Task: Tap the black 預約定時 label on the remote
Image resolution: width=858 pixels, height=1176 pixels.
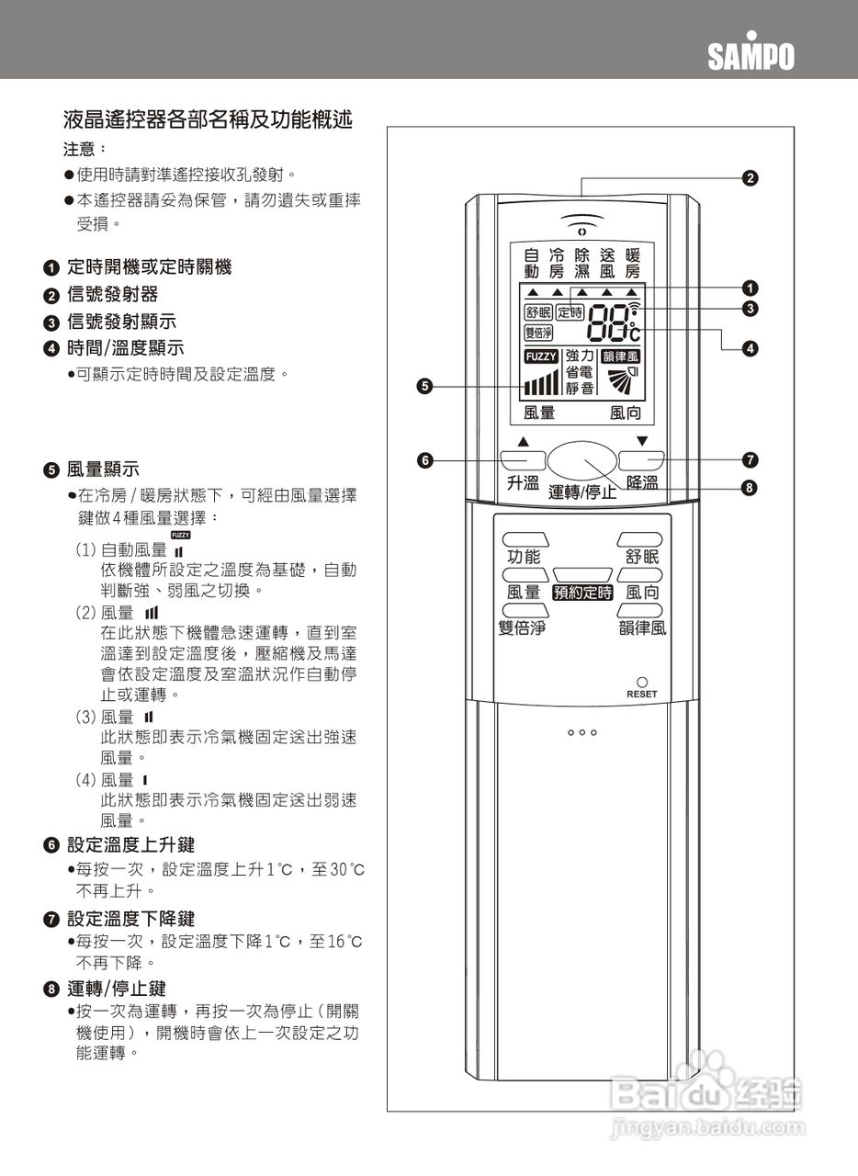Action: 582,593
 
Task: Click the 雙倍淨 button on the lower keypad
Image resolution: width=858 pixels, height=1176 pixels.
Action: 518,610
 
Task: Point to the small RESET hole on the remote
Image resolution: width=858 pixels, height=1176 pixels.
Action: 642,683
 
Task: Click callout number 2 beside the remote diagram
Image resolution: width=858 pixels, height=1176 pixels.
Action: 750,177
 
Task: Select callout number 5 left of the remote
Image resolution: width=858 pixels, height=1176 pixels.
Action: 424,387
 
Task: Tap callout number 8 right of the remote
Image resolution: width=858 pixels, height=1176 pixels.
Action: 750,487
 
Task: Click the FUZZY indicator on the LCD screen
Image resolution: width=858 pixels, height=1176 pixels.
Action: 541,356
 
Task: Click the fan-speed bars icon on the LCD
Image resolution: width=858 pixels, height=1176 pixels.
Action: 541,382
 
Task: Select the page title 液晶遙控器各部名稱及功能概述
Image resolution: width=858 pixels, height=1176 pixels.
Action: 208,119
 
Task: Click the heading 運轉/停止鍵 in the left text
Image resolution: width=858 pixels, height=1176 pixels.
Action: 117,989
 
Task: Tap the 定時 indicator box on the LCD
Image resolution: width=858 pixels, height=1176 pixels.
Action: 570,312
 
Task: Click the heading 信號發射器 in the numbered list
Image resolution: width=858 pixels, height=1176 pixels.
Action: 112,294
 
